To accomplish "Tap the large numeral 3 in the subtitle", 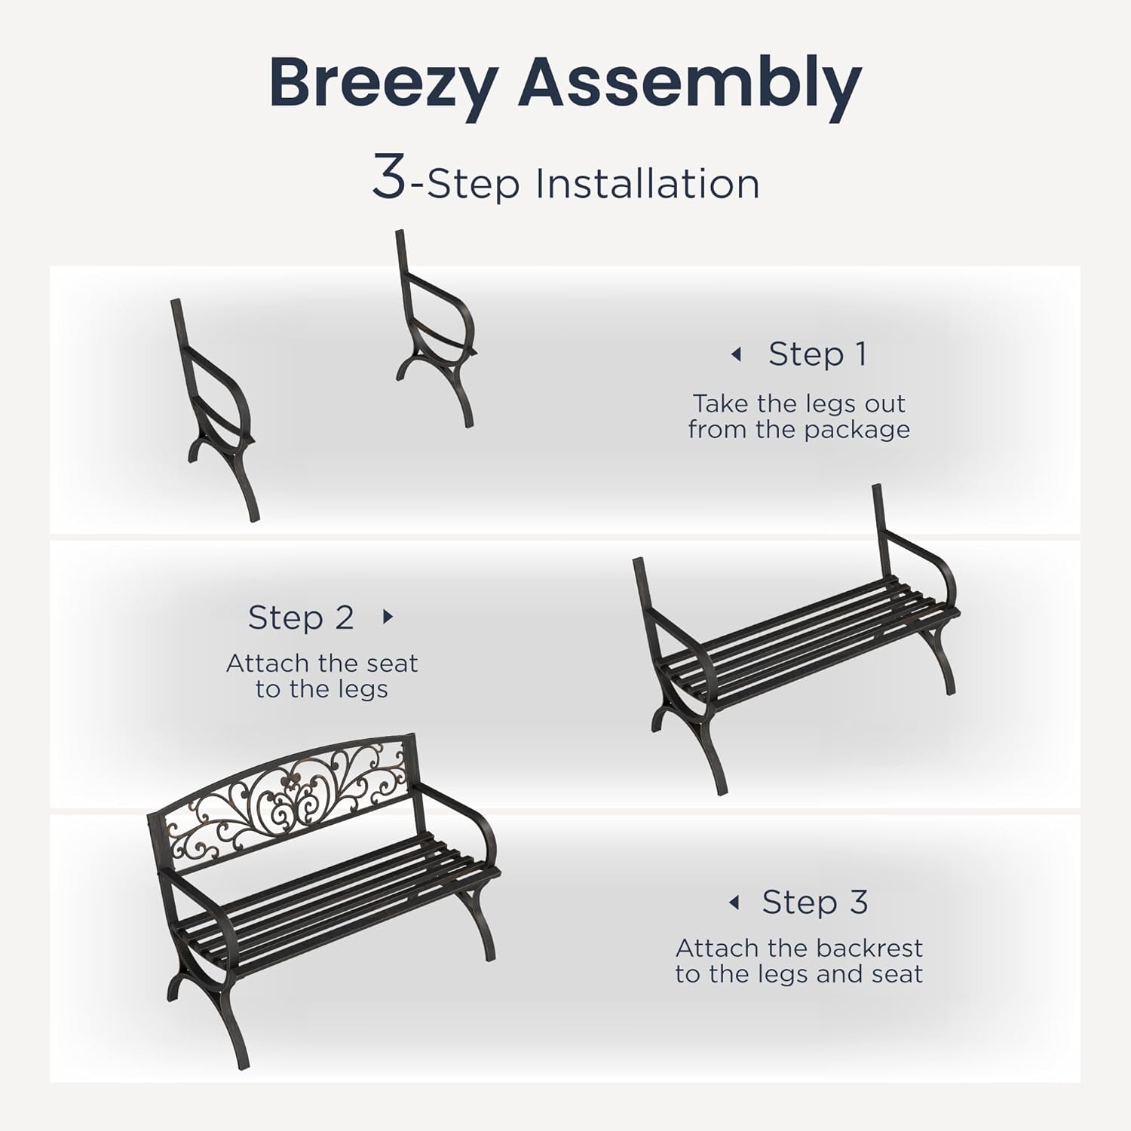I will (x=389, y=178).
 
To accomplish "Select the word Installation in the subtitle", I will (x=647, y=184).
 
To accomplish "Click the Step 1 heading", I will (x=817, y=354).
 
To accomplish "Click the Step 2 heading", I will (x=301, y=618).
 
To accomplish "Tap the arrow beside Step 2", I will (x=388, y=617).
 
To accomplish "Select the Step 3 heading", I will (x=814, y=902).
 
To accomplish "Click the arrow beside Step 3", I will (x=734, y=903).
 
